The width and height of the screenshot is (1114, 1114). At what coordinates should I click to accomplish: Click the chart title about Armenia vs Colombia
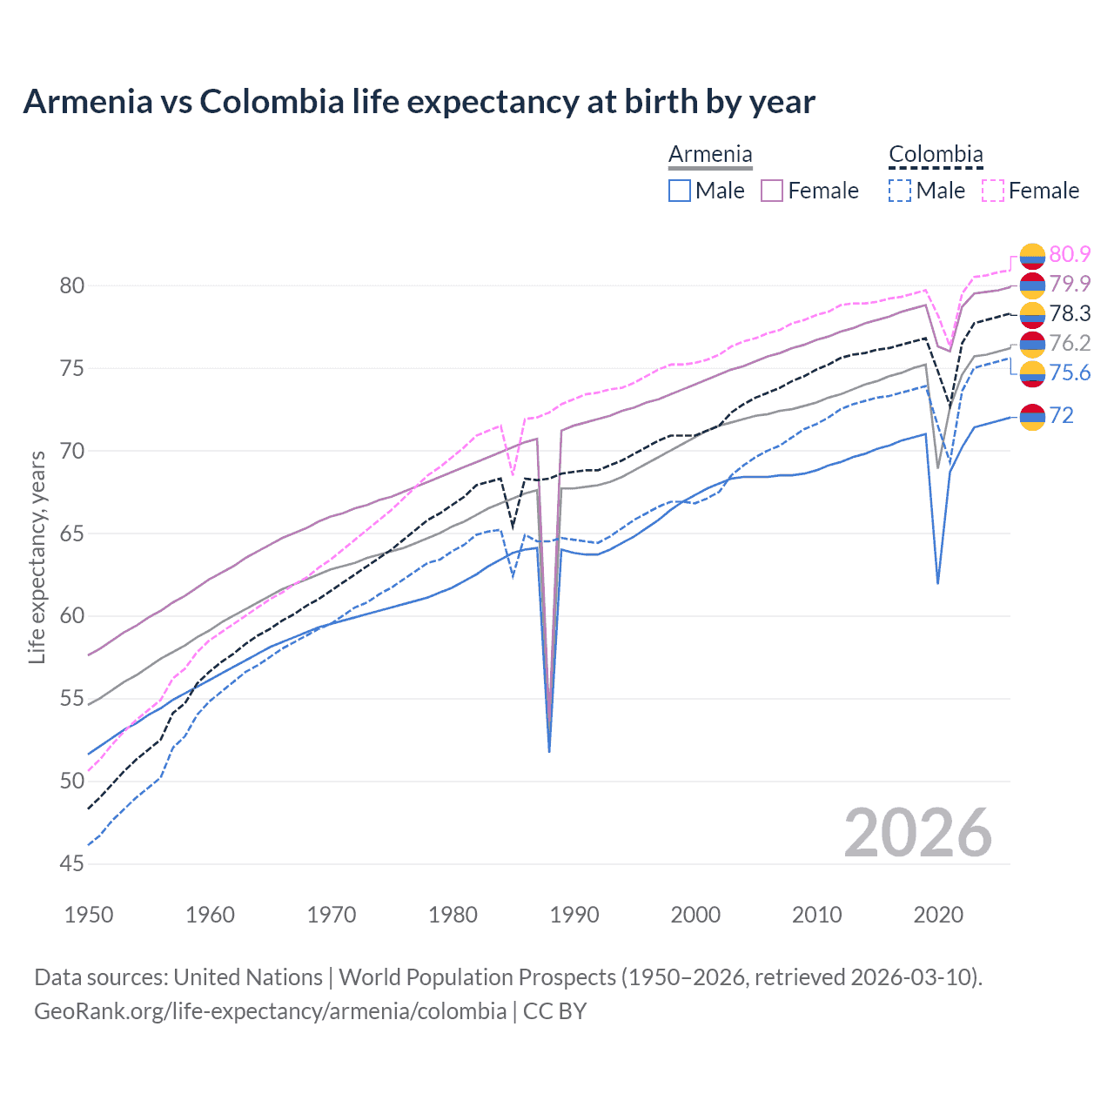coord(419,102)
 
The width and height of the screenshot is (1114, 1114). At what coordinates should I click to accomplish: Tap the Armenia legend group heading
coord(710,155)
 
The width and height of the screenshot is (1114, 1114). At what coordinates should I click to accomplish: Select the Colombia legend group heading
coord(936,155)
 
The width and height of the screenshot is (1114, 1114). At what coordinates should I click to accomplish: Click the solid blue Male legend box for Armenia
coord(680,191)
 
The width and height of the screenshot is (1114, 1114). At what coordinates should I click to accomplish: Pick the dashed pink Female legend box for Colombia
coord(993,191)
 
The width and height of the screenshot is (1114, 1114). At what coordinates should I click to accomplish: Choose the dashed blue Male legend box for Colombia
coord(900,191)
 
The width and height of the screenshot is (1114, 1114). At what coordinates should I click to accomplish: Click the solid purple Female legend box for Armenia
coord(772,191)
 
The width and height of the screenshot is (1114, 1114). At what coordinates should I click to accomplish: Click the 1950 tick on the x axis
coord(89,915)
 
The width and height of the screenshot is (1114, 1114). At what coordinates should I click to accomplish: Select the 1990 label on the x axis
coord(574,915)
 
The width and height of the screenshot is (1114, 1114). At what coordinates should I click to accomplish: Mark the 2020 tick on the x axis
coord(938,915)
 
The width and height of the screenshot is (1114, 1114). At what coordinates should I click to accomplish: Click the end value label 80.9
coord(1070,254)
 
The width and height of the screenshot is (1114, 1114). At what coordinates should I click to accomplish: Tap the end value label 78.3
coord(1070,313)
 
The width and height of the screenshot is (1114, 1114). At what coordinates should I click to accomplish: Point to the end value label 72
coord(1061,415)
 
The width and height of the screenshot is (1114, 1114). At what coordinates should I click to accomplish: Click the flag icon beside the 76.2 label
coord(1032,344)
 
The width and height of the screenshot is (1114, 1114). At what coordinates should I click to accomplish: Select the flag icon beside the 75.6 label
coord(1032,373)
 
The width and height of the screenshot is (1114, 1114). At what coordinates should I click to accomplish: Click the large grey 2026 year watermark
coord(917,833)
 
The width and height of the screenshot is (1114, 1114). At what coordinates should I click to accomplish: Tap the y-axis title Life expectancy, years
coord(37,557)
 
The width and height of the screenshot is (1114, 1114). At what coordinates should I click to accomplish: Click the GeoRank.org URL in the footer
coord(270,1010)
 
